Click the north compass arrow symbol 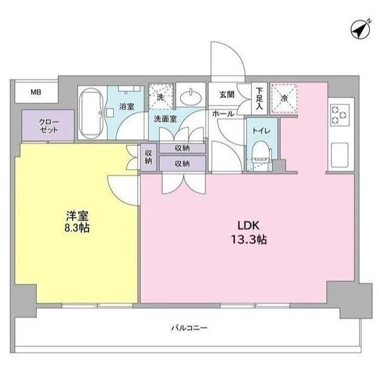pos(360,29)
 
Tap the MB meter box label pos(36,92)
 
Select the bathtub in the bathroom pos(91,113)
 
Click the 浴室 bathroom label pos(127,106)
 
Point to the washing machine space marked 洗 pos(161,96)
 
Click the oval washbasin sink pos(191,98)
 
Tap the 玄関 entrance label pos(227,95)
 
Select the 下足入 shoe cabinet pos(259,98)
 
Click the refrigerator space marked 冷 pos(284,98)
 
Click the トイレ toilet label pos(261,131)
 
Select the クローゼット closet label pos(49,126)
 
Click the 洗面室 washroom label pos(165,118)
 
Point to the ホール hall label pos(223,114)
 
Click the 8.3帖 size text pos(77,228)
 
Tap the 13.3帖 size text pos(249,240)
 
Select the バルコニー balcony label pos(189,328)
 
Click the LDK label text pos(248,225)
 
